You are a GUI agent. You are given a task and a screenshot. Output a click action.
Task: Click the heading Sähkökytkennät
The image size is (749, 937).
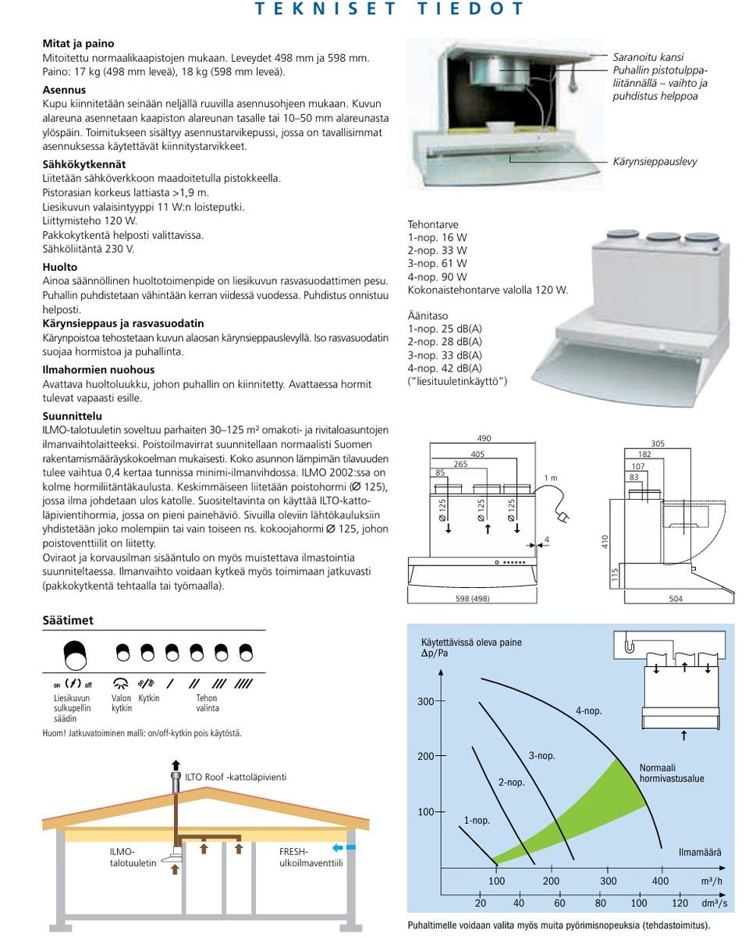[x=83, y=164]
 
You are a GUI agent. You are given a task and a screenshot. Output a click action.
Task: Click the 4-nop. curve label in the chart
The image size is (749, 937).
[x=588, y=711]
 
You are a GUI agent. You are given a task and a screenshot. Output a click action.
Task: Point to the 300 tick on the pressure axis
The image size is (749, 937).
[x=424, y=701]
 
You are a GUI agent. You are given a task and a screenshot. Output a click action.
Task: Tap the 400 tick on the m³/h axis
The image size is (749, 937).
[x=660, y=881]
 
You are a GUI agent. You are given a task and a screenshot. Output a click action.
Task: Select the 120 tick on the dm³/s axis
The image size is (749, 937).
[x=680, y=903]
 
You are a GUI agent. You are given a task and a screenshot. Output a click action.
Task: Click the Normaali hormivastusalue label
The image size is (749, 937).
[x=672, y=773]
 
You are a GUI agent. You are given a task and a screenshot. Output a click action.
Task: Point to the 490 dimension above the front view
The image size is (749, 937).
[x=484, y=438]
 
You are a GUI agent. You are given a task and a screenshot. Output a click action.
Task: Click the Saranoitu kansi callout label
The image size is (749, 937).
[x=648, y=57]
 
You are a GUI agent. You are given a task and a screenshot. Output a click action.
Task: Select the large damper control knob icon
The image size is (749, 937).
[x=74, y=651]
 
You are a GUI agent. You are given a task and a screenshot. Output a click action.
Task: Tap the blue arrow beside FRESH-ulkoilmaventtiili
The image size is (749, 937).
[x=339, y=846]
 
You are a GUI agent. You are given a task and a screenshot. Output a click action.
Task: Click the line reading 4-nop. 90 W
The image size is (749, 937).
[x=437, y=276]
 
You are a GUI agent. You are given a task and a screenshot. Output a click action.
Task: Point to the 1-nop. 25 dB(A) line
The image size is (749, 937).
[x=445, y=328]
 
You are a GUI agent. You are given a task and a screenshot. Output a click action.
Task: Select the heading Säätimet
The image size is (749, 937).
[x=68, y=620]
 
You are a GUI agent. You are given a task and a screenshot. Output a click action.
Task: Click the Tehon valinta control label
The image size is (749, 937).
[x=207, y=703]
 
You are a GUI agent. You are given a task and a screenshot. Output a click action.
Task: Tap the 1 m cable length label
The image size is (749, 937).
[x=551, y=478]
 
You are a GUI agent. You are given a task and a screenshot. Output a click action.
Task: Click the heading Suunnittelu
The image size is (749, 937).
[x=72, y=416]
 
